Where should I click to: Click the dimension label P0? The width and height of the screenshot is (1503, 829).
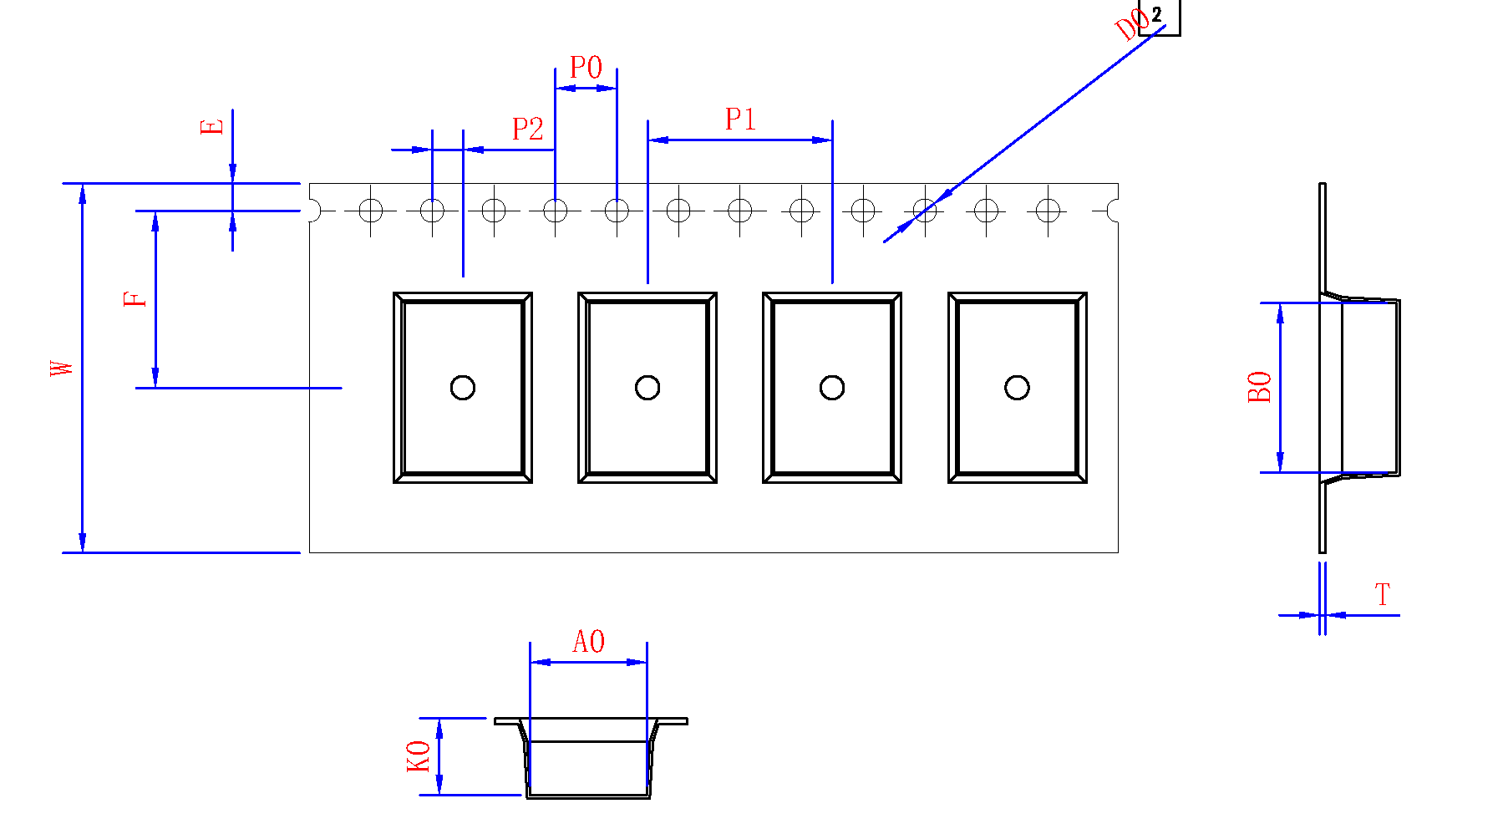[586, 68]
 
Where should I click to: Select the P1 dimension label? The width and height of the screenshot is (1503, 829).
[740, 120]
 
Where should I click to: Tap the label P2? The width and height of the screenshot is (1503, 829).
[527, 130]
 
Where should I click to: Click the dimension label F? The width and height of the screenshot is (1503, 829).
[135, 299]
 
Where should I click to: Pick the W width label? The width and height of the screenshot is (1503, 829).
[62, 368]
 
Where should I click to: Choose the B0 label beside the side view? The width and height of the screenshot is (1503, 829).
[1259, 387]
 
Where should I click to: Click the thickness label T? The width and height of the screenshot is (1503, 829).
[1383, 595]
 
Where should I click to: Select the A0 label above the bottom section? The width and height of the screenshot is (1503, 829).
[588, 642]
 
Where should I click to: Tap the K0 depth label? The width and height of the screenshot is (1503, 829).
[419, 756]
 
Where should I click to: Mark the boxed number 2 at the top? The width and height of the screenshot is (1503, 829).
[1157, 14]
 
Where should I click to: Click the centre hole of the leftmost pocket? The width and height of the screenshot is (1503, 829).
[463, 388]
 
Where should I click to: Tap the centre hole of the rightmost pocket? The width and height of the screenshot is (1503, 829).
[1017, 388]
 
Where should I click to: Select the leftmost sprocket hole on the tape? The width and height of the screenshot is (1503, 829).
[371, 211]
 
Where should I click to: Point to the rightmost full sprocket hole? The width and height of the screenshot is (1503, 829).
[1048, 211]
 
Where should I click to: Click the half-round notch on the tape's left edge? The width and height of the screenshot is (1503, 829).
[313, 211]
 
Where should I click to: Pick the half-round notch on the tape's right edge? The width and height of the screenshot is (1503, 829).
[1114, 211]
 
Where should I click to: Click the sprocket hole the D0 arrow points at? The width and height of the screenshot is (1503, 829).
[925, 211]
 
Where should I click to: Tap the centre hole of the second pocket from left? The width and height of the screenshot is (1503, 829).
[647, 388]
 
